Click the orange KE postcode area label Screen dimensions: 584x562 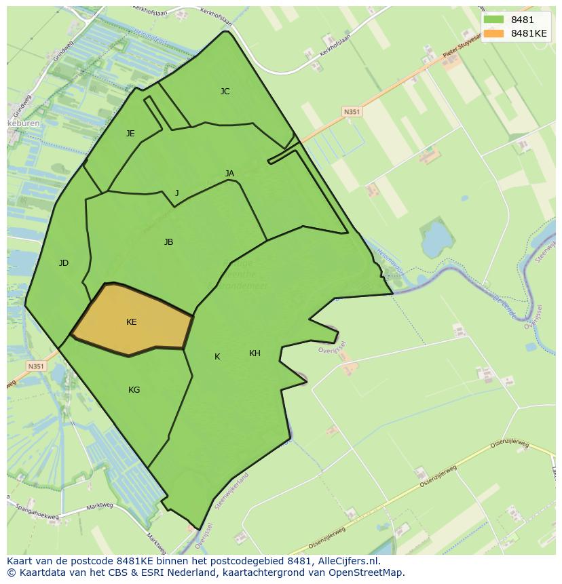(x=131, y=322)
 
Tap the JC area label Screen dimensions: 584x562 (x=225, y=91)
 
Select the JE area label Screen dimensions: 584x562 (x=130, y=134)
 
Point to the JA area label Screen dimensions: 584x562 (x=229, y=174)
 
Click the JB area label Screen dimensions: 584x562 (x=168, y=242)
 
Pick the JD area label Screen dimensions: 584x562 (x=63, y=263)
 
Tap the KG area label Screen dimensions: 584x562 (x=134, y=390)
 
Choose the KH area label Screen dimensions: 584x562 (x=255, y=353)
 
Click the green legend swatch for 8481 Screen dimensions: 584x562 (x=493, y=20)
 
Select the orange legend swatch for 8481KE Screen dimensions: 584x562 (x=493, y=33)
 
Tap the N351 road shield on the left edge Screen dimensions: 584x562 (x=36, y=366)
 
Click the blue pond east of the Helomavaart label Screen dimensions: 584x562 (x=436, y=237)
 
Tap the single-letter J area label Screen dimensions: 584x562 (x=176, y=193)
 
